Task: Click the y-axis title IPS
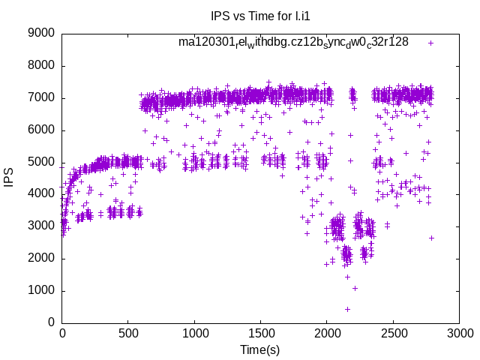tap(10, 178)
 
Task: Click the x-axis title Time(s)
tap(259, 349)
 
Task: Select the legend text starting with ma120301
tap(293, 42)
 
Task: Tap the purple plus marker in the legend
tap(430, 43)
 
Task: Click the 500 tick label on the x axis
tap(128, 333)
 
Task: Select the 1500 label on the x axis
tap(260, 333)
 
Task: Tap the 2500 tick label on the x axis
tap(392, 333)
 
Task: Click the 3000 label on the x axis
tap(458, 333)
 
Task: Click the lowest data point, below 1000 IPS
tap(347, 309)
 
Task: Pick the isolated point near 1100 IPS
tap(355, 288)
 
